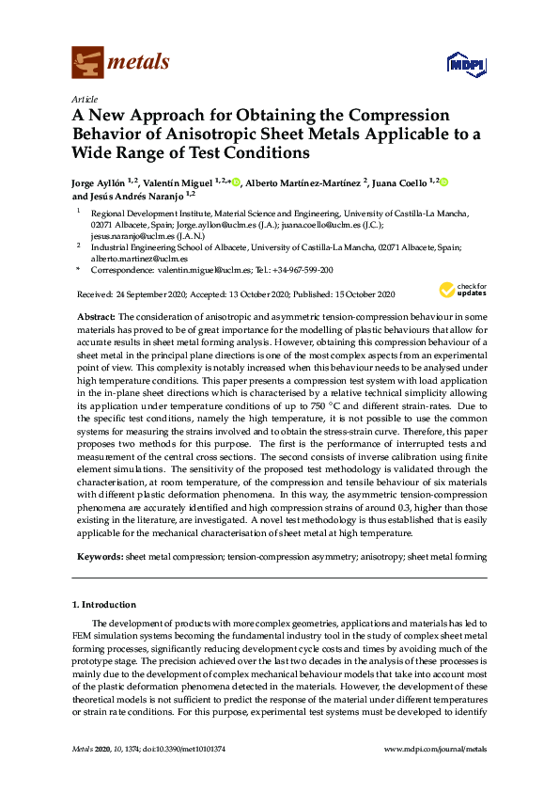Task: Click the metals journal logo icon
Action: pos(86,63)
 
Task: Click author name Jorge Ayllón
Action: pos(101,182)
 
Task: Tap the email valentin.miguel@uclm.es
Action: pos(209,269)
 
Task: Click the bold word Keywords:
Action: pos(100,558)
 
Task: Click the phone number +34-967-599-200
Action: pos(300,269)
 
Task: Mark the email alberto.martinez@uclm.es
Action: pos(138,257)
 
